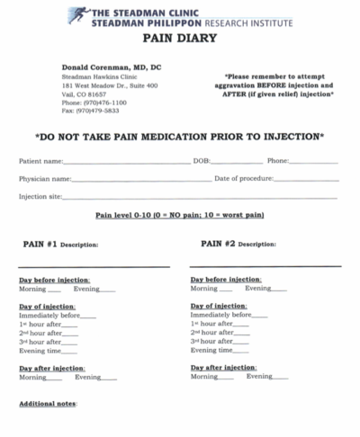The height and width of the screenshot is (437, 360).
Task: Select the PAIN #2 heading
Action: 218,243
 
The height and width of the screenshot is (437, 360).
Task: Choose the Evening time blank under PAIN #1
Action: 77,352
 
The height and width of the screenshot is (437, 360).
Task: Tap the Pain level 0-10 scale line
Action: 179,216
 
